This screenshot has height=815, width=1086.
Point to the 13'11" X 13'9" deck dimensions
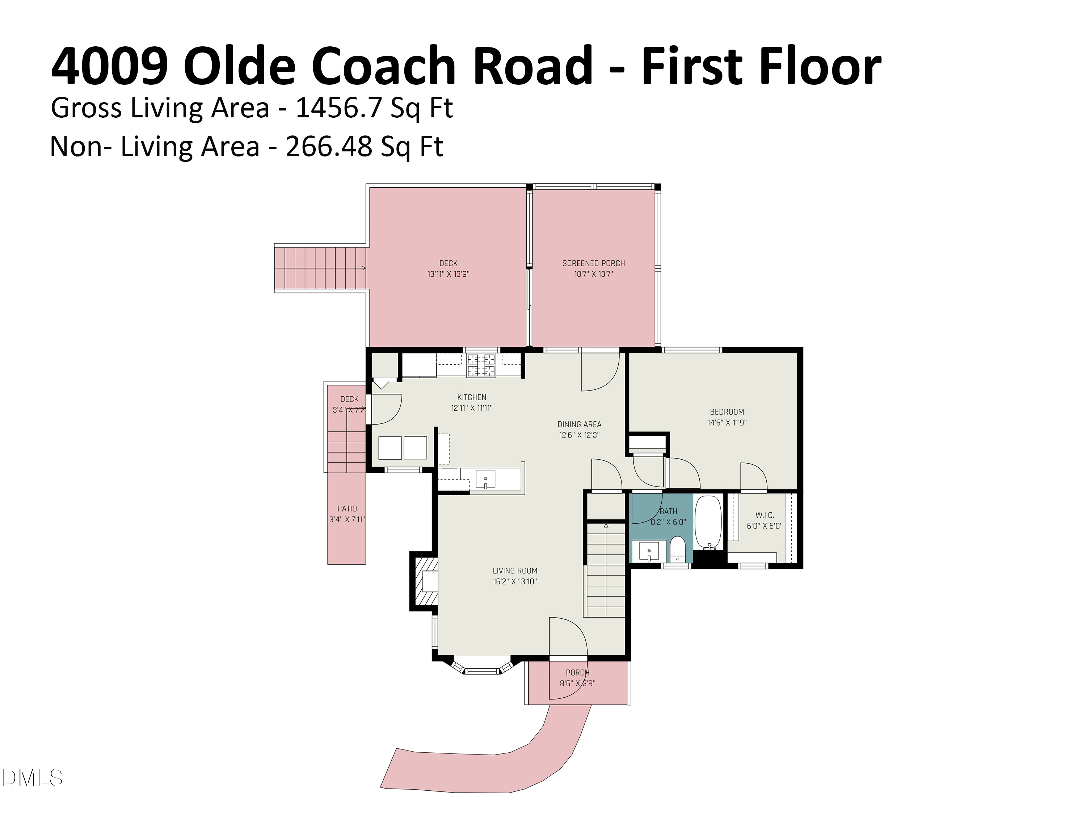pos(448,274)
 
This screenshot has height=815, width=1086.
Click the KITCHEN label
pos(471,397)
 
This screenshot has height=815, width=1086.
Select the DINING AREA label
pos(579,424)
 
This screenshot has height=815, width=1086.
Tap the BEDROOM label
pos(727,412)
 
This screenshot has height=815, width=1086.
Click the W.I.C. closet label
pos(765,515)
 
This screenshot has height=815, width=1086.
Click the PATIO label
pos(347,509)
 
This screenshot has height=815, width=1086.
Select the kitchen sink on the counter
pos(485,479)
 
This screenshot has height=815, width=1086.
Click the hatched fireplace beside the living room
pos(425,582)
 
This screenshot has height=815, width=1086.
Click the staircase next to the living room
pos(606,570)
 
